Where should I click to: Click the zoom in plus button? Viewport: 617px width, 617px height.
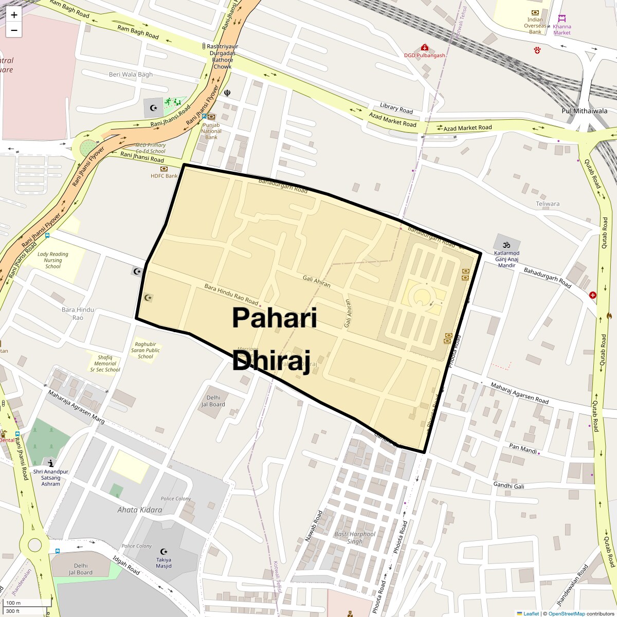point(14,15)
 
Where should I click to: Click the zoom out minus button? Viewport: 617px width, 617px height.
point(14,30)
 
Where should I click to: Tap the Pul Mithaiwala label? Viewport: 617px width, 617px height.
point(584,111)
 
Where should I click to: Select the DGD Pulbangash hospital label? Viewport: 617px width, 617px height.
point(424,55)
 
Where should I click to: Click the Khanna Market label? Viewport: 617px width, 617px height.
point(561,29)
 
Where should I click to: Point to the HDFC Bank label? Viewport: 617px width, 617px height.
point(164,176)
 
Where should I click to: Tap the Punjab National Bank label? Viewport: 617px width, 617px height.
point(211,131)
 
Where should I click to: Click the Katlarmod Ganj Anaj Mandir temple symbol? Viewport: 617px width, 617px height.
point(506,243)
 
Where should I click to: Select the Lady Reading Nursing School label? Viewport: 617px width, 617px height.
point(52,260)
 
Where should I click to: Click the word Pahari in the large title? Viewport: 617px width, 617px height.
point(274,318)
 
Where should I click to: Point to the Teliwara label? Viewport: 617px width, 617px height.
point(547,204)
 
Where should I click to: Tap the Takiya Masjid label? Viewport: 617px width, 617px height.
point(164,563)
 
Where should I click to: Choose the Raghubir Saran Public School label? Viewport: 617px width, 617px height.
point(145,350)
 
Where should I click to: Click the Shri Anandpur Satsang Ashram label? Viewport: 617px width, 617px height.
point(50,478)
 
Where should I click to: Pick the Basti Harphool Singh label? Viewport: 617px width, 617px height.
point(355,537)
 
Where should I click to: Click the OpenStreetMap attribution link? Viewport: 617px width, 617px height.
point(566,613)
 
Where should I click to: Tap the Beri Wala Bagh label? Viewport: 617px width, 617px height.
point(131,75)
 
